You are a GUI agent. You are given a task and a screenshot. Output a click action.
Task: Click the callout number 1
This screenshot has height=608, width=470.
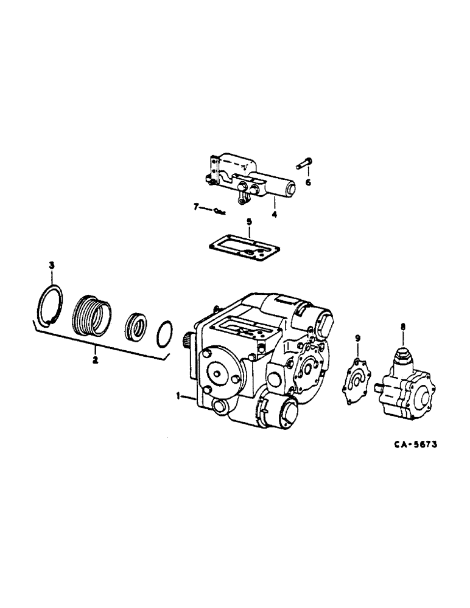pyautogui.click(x=177, y=396)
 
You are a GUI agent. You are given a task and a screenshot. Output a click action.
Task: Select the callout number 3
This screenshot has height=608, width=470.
pyautogui.click(x=52, y=265)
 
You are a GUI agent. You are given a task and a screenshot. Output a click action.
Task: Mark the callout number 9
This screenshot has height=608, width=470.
pyautogui.click(x=357, y=338)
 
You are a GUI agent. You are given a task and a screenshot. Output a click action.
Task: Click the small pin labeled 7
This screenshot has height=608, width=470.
pyautogui.click(x=219, y=212)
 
